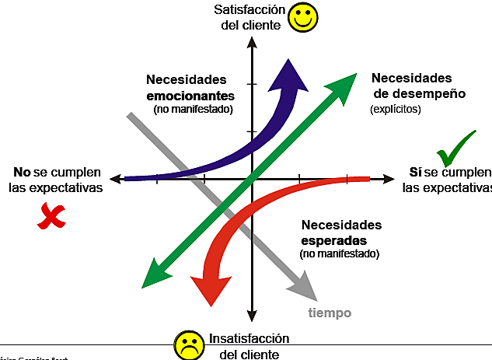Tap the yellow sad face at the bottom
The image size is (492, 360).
coord(187,344)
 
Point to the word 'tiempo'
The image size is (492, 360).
coord(330,313)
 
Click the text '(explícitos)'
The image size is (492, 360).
coord(395,110)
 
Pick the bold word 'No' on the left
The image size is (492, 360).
coord(22,172)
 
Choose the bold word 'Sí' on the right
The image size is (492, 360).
coord(415,172)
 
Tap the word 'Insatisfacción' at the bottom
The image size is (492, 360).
coord(249,339)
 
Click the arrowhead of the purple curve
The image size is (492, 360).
coord(291,71)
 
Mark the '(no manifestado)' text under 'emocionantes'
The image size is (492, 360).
coord(193,110)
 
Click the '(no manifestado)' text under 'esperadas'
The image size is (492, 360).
coord(339,253)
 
